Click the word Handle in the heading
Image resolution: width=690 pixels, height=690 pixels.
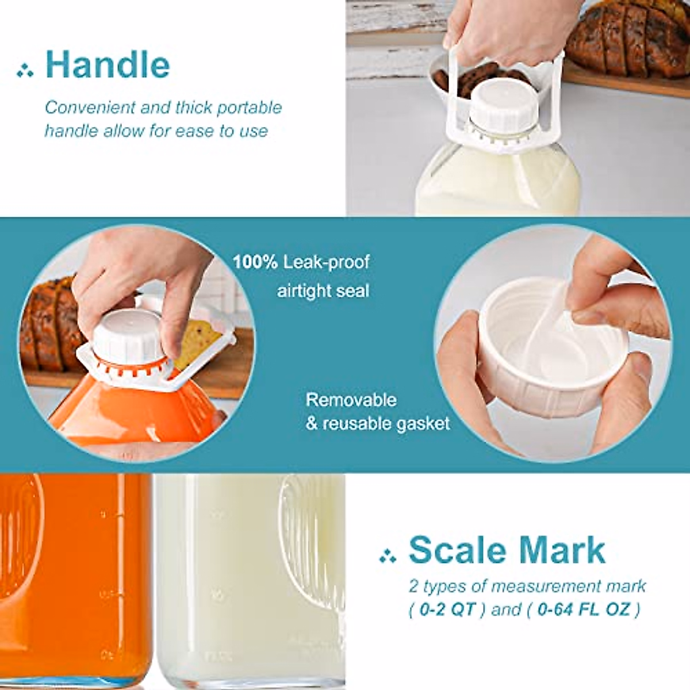point(108,64)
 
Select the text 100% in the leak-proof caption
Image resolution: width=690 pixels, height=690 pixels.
point(255,263)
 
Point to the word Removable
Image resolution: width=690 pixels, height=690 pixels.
point(351,400)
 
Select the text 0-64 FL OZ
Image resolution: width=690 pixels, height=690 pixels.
point(585,609)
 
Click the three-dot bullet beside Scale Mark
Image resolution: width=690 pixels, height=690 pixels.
point(388,555)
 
